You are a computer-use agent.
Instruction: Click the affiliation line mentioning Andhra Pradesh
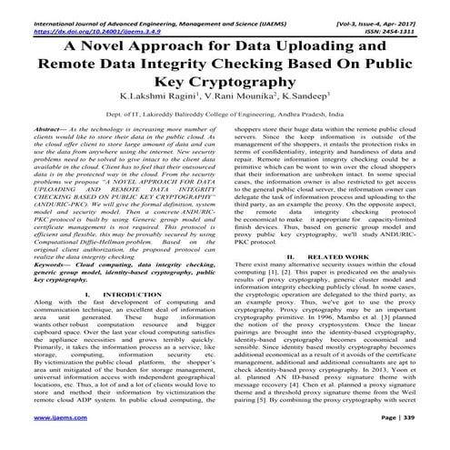(225, 115)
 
